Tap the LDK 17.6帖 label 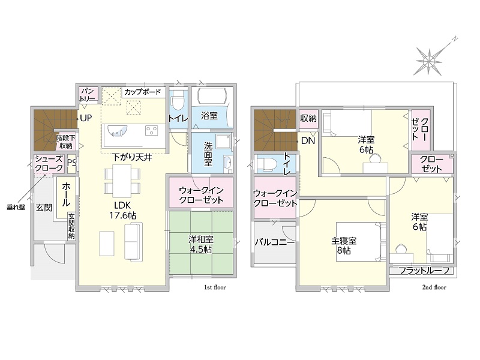[x=123, y=210]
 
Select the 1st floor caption [x=215, y=287]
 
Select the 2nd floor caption [x=434, y=287]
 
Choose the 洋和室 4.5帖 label [x=201, y=244]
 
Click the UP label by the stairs [x=86, y=118]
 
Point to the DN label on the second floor [x=308, y=141]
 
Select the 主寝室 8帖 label [x=344, y=245]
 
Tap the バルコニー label [x=275, y=242]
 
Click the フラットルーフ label [x=424, y=271]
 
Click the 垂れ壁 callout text [x=16, y=207]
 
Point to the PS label [x=72, y=162]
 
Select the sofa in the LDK [x=133, y=242]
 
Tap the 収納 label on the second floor [x=308, y=118]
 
